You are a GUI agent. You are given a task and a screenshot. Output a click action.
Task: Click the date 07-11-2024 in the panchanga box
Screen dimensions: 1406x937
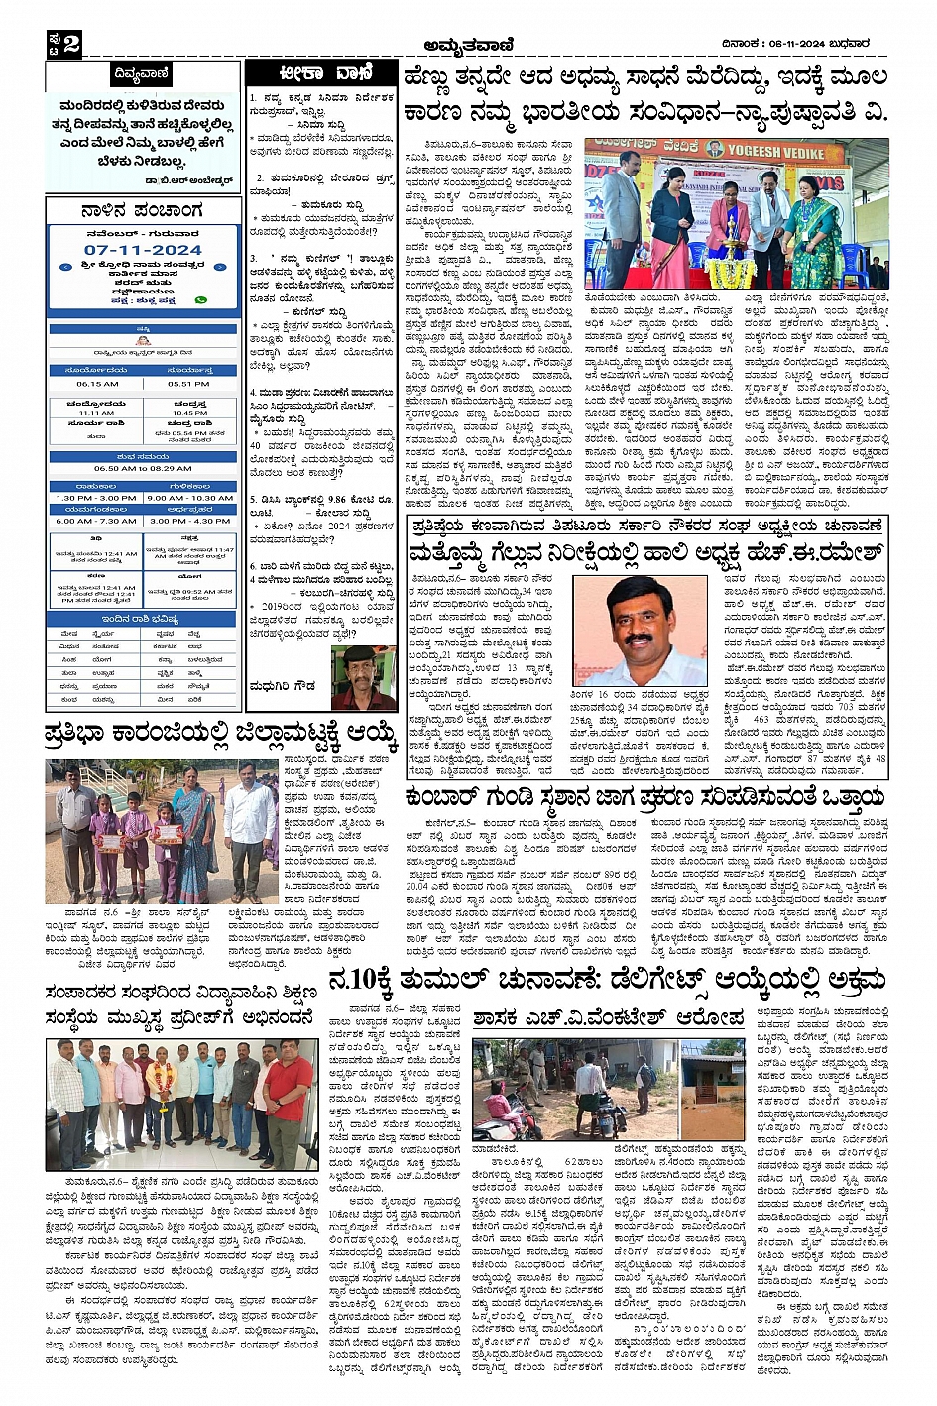point(143,250)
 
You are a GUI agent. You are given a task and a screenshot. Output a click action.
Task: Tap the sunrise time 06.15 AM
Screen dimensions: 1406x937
point(97,384)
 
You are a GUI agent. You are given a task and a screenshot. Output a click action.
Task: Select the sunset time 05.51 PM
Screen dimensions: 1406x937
point(188,384)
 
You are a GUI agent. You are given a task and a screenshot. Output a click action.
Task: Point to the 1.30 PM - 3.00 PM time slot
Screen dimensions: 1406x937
point(95,498)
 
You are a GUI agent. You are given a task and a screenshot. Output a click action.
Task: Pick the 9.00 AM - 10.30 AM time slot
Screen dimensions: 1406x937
point(189,498)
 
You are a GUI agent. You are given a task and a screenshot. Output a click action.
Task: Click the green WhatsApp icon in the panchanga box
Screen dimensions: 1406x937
point(202,298)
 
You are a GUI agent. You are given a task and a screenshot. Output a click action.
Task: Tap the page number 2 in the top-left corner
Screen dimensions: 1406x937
point(71,43)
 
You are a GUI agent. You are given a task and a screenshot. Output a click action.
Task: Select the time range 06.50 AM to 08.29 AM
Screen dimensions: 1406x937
point(143,469)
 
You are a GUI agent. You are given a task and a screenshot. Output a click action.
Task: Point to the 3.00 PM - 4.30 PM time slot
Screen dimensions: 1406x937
point(189,521)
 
